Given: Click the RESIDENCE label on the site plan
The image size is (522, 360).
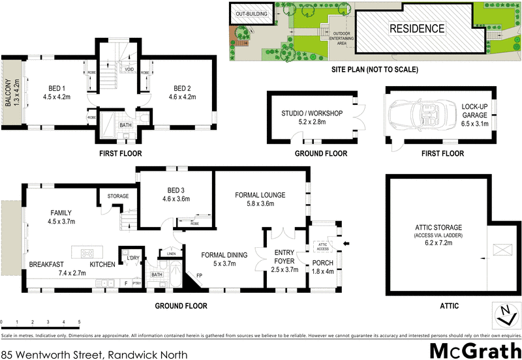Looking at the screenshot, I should pyautogui.click(x=417, y=29).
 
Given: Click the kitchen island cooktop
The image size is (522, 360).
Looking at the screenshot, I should pyautogui.click(x=88, y=252).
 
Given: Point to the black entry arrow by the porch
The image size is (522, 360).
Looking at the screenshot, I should pyautogui.click(x=346, y=243).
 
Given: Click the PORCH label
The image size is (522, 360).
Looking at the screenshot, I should pyautogui.click(x=323, y=263).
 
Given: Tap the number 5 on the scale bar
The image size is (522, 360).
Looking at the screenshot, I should pyautogui.click(x=79, y=322).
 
